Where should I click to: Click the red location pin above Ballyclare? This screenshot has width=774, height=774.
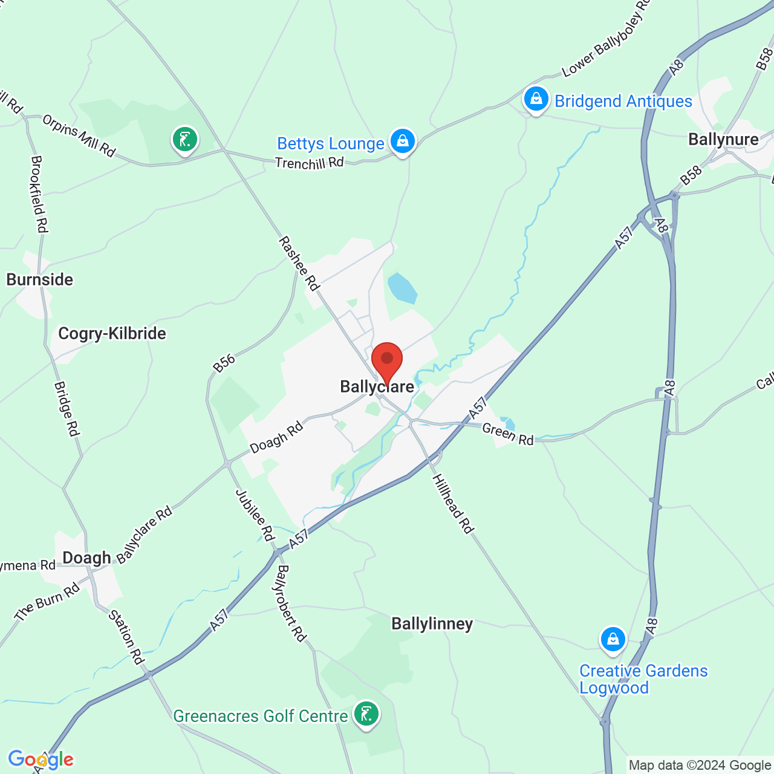387,361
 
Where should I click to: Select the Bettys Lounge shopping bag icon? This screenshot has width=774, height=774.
402,141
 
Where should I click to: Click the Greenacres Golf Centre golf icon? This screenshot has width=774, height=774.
366,715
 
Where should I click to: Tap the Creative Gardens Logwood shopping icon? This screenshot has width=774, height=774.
613,639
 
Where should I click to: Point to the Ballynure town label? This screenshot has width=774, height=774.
723,140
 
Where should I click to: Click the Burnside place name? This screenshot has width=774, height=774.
40,279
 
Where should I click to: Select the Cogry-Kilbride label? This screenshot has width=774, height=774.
112,333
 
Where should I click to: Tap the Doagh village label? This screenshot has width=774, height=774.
87,558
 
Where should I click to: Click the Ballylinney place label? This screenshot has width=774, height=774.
432,623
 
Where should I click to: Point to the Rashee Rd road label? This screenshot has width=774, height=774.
299,264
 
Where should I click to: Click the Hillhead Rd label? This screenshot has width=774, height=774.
452,504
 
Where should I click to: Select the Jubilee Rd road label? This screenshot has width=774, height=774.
255,515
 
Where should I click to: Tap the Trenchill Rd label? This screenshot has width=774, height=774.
309,163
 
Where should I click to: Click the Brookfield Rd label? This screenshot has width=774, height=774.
39,194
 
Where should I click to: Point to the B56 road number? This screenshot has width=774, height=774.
224,363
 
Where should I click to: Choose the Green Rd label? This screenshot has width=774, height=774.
508,434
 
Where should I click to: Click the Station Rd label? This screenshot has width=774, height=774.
126,637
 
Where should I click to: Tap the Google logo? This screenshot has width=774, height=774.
41,759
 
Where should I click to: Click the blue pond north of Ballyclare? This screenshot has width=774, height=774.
402,288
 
